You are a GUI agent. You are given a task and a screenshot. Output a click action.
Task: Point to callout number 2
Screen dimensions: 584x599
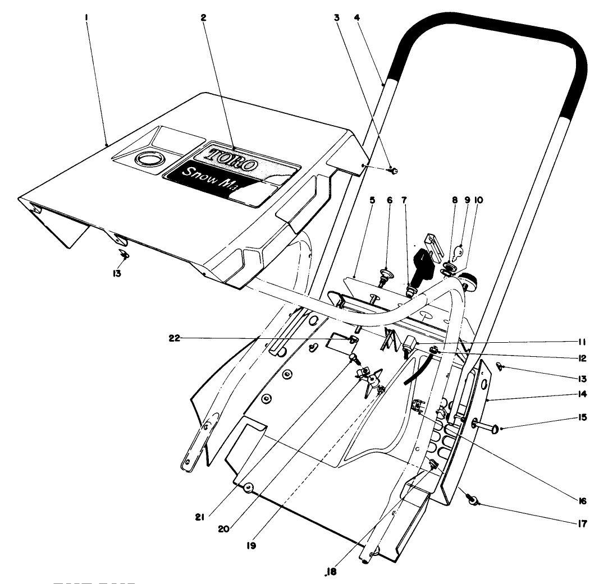[203, 17]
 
